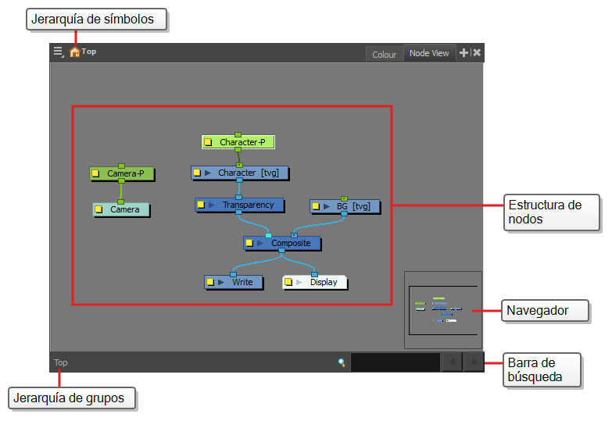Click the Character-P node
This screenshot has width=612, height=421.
[x=238, y=142]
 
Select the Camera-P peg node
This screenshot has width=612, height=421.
[x=122, y=173]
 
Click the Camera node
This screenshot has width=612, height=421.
[x=121, y=209]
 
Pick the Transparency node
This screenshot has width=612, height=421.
[x=239, y=205]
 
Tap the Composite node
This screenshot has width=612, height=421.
[x=282, y=243]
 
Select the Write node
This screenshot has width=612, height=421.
[x=234, y=282]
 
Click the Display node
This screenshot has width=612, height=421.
[x=314, y=282]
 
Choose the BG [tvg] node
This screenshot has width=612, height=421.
[x=345, y=206]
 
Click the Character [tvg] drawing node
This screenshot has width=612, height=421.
[x=240, y=173]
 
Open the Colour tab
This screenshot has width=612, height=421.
[x=384, y=55]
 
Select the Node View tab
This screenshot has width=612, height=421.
[x=429, y=53]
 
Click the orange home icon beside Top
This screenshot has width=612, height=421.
[x=74, y=52]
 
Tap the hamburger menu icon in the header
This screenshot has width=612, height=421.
[x=59, y=52]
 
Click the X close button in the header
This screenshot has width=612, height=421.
[x=477, y=52]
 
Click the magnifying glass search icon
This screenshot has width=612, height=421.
[x=342, y=362]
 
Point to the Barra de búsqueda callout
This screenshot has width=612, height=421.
[x=542, y=370]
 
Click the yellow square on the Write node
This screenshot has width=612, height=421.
[x=210, y=282]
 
